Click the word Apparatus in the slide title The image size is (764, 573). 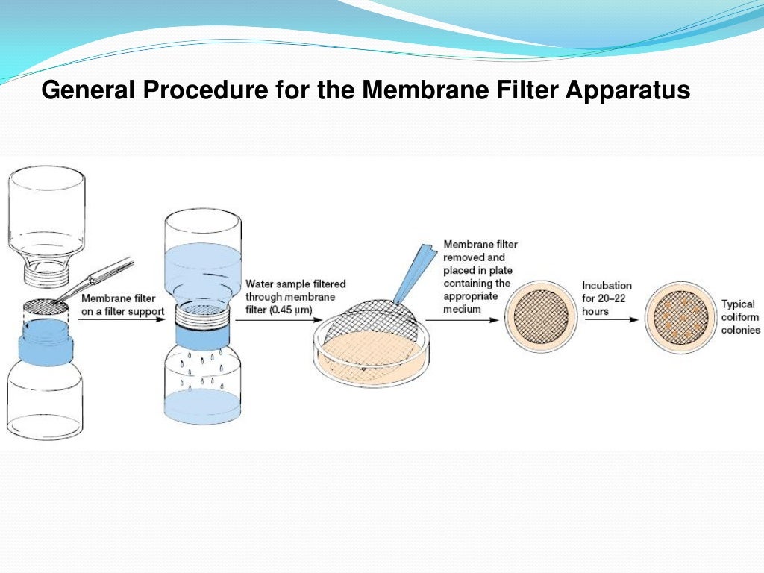click(627, 92)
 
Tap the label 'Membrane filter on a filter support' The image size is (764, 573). click(122, 305)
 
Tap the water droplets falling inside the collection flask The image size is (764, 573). click(202, 369)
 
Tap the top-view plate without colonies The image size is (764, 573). click(542, 316)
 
